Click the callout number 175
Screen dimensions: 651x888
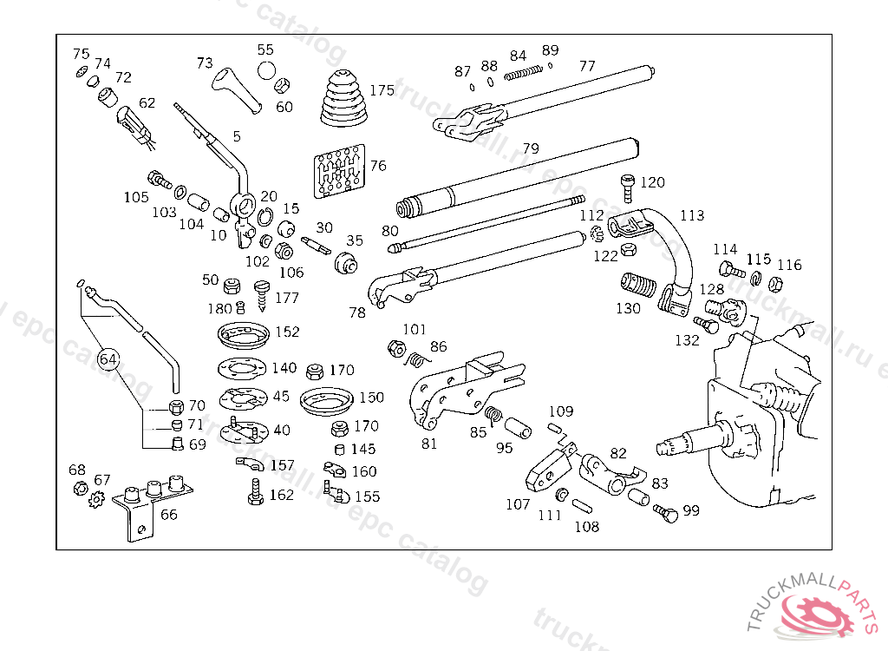click(382, 90)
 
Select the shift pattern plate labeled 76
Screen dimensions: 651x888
click(339, 173)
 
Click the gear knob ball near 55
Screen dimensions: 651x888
click(266, 70)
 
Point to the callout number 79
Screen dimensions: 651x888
click(531, 148)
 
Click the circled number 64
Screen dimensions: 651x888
click(108, 357)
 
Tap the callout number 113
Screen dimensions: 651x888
click(692, 215)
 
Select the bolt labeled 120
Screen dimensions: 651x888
click(628, 186)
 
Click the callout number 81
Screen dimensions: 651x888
click(429, 444)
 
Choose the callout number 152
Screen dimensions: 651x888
click(287, 332)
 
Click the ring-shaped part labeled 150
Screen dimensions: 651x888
click(325, 401)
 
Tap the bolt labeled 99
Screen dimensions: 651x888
click(666, 511)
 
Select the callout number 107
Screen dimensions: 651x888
click(518, 504)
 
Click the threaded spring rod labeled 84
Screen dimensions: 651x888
click(519, 73)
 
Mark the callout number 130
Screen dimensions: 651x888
click(628, 308)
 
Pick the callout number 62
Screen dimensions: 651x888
click(147, 102)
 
